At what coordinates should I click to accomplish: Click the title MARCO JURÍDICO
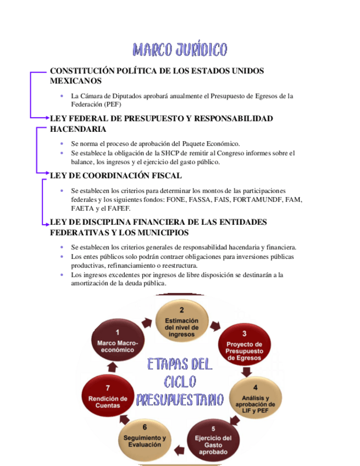[x=180, y=50]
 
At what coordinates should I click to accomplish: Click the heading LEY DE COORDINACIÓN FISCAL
[x=115, y=176]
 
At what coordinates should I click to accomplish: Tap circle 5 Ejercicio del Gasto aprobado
[x=213, y=440]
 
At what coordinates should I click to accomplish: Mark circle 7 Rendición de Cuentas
[x=108, y=397]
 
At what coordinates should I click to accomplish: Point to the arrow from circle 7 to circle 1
[x=112, y=367]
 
